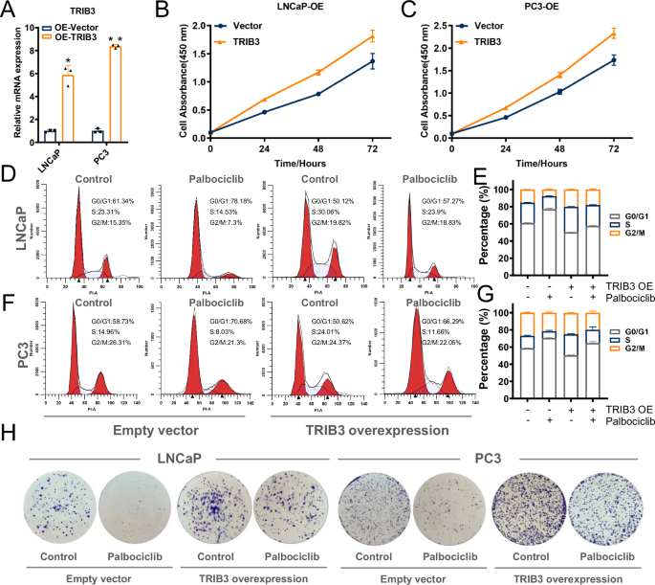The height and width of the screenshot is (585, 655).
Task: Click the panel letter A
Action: [x=10, y=11]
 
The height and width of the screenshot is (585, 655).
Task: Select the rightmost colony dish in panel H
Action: [x=605, y=494]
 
